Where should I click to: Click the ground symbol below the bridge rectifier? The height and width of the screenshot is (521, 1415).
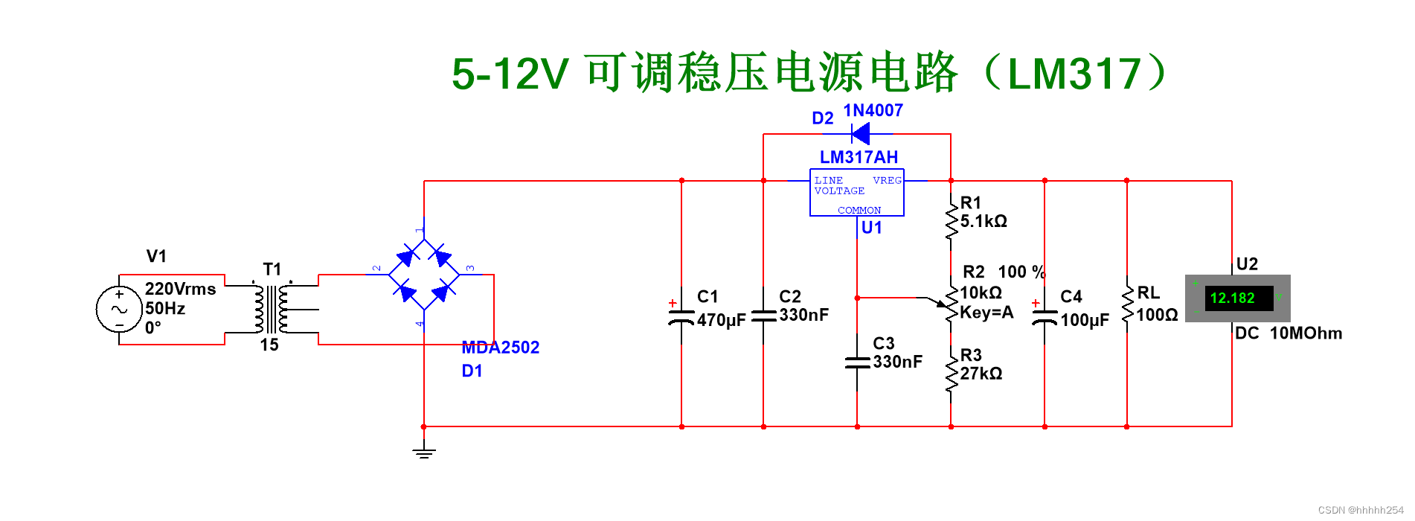[x=424, y=452]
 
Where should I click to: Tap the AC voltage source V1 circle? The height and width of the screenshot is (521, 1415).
[x=119, y=310]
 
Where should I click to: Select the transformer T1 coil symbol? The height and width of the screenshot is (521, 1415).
[x=271, y=309]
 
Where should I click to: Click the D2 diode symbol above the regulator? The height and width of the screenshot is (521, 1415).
[x=861, y=134]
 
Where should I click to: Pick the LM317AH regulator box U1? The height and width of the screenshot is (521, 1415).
[x=856, y=193]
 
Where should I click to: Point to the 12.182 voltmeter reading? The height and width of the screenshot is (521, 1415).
[x=1232, y=298]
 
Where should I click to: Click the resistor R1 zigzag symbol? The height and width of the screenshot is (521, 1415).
[x=951, y=220]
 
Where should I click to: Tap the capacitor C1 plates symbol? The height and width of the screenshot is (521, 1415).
[x=681, y=317]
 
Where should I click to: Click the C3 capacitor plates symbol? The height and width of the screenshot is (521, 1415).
[x=857, y=362]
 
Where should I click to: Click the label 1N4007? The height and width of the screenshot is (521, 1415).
[x=873, y=111]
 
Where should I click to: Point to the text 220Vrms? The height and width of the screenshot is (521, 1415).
[x=180, y=289]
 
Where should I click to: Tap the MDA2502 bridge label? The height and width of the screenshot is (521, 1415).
[x=500, y=348]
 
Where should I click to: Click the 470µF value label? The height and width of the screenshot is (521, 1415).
[x=721, y=321]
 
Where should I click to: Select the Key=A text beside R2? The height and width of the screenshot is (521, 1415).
[x=986, y=313]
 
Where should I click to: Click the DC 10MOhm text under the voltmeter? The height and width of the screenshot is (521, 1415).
[x=1288, y=333]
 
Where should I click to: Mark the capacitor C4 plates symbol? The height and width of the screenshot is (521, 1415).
[x=1045, y=317]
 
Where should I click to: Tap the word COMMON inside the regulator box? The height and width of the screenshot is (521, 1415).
[x=859, y=211]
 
